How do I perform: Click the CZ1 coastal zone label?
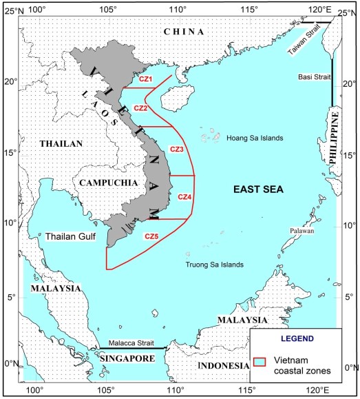145,80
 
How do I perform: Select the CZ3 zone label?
176,149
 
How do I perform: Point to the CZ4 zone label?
184,197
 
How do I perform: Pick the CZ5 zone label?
152,236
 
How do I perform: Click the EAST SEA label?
254,189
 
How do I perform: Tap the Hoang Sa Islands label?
255,138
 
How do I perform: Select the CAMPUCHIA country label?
103,183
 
